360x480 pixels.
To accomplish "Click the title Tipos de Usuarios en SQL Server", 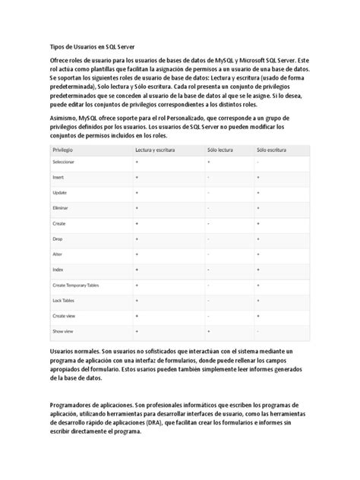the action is pos(87,46).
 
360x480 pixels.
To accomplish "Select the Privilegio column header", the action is pos(64,151).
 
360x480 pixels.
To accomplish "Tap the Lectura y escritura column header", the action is pos(155,151).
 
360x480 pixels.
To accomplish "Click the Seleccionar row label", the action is pos(64,165).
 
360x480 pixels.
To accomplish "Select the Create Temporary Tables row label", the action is pos(77,286).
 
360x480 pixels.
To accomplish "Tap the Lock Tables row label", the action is pos(63,301).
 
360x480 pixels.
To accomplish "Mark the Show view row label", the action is pos(62,332).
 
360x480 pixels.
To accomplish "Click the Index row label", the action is pos(58,270).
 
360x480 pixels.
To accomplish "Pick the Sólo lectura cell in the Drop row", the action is pos(208,238).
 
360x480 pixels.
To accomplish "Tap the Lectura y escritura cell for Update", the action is pos(137,193).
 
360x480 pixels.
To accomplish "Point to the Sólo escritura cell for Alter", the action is pos(259,254).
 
